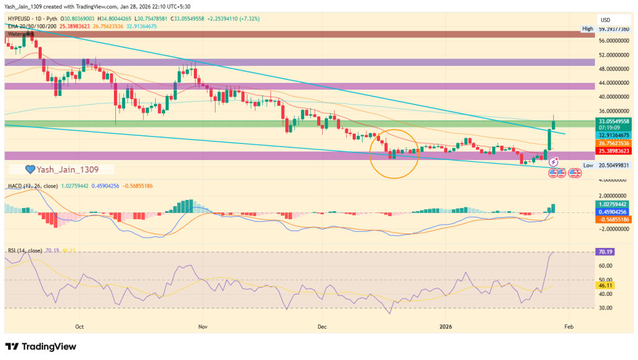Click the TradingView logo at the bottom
pyautogui.click(x=41, y=346)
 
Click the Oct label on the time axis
pyautogui.click(x=79, y=326)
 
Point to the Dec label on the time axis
pyautogui.click(x=322, y=326)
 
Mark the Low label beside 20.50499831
pyautogui.click(x=588, y=165)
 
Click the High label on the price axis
pyautogui.click(x=588, y=29)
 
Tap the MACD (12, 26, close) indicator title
pyautogui.click(x=33, y=186)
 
